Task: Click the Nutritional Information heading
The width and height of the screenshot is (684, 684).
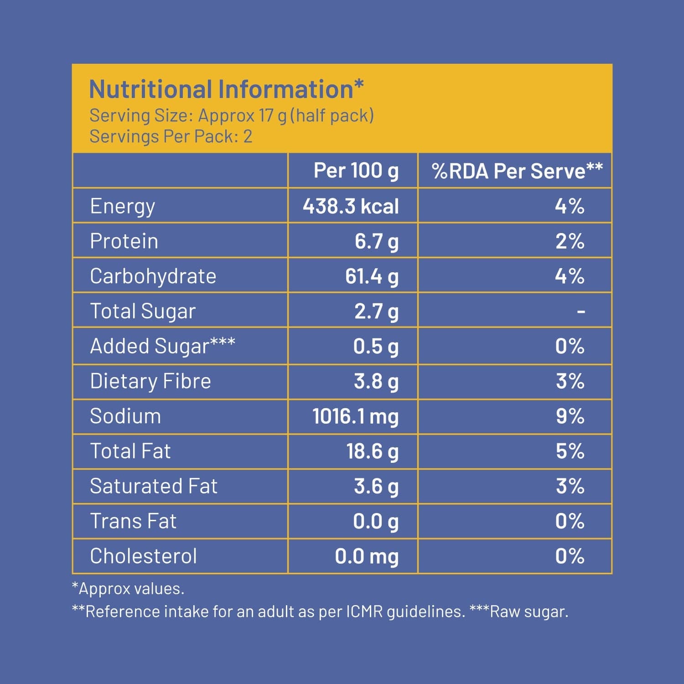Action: click(x=226, y=89)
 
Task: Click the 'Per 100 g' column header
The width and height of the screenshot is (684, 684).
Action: click(x=356, y=171)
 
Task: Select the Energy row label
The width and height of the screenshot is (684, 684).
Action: click(x=122, y=206)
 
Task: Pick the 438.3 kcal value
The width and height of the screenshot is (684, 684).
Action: click(x=351, y=206)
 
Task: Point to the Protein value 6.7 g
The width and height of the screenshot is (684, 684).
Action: click(x=376, y=241)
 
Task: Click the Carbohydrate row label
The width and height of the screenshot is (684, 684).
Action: click(x=153, y=276)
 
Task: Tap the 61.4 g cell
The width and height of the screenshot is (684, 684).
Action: click(x=372, y=276)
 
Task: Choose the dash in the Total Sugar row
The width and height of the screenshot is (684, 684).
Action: click(x=580, y=311)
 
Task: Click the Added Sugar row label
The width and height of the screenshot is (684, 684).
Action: click(x=162, y=346)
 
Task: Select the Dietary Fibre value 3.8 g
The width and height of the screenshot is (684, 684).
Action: click(x=376, y=381)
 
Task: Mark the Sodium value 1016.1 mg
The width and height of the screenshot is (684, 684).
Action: click(x=355, y=416)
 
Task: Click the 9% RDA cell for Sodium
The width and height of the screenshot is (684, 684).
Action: click(x=570, y=416)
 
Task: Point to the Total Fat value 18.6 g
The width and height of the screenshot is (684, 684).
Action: click(x=372, y=451)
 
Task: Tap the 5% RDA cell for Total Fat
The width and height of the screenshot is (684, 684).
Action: click(x=570, y=451)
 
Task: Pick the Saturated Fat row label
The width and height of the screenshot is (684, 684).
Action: click(x=154, y=486)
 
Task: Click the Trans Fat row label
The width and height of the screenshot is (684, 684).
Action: click(x=133, y=521)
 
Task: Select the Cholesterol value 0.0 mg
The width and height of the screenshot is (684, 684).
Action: click(x=366, y=556)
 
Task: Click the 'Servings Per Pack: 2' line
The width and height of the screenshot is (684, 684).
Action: click(x=171, y=136)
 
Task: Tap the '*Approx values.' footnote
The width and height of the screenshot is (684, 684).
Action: click(x=128, y=589)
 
